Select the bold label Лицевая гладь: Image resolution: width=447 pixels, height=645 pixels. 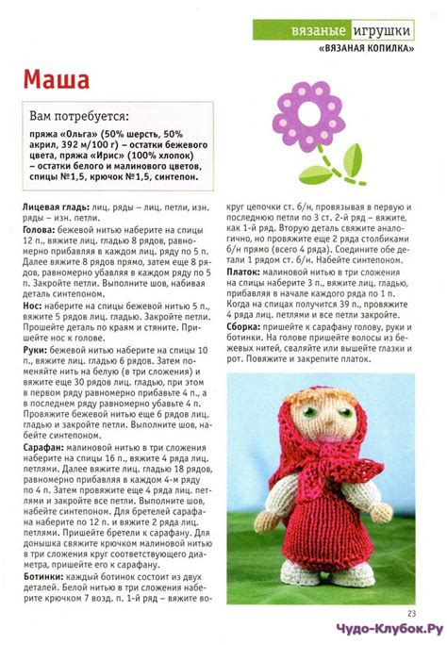(x=54, y=206)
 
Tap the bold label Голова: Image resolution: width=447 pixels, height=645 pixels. (x=38, y=229)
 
